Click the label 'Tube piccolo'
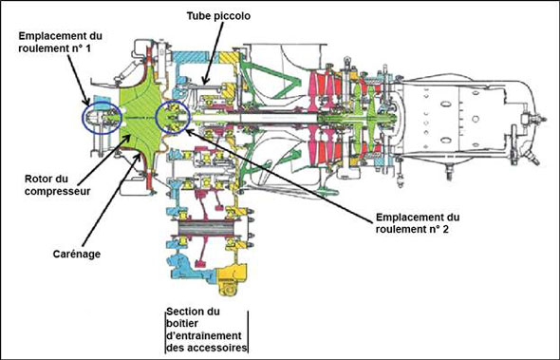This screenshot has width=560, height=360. [x=218, y=16]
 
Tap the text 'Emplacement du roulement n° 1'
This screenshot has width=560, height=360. [x=61, y=42]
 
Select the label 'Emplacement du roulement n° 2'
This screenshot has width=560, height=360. [x=418, y=223]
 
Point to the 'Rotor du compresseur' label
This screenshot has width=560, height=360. [x=57, y=185]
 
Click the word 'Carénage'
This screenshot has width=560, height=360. [x=77, y=254]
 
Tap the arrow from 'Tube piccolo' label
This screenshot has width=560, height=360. [x=214, y=53]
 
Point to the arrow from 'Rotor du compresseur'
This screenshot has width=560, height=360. [x=103, y=159]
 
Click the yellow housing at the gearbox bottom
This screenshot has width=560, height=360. [x=231, y=279]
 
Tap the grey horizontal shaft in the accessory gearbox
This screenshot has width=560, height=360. [x=205, y=227]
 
